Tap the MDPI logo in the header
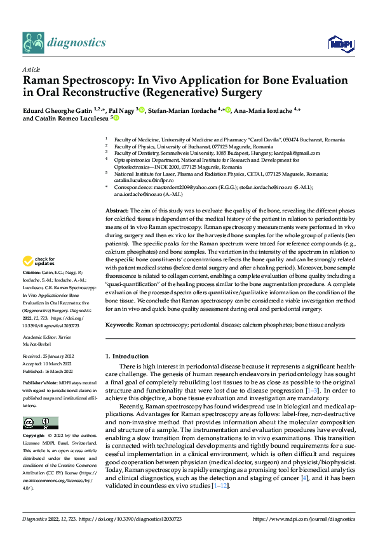point(337,43)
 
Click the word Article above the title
point(31,68)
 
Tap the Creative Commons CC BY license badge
point(41,405)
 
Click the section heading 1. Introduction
point(126,356)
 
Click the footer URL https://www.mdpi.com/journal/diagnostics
point(304,519)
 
